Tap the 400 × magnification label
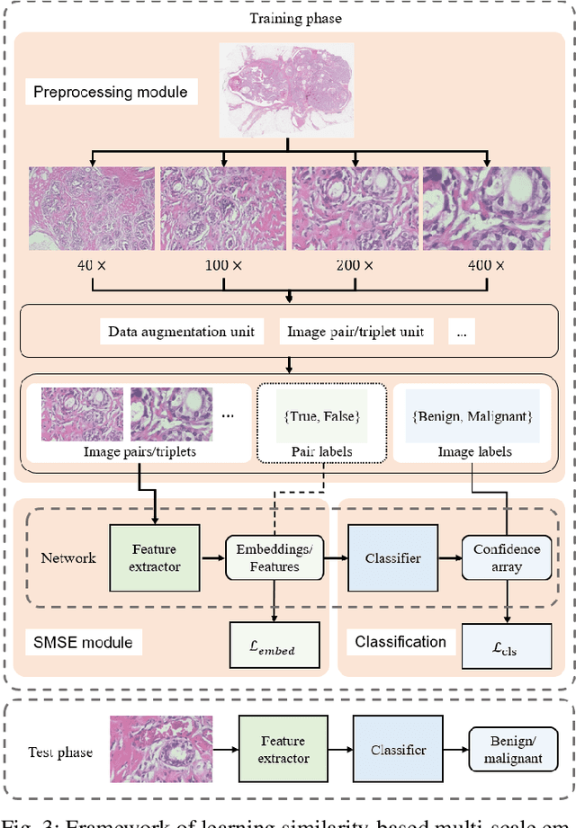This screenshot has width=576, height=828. tap(487, 265)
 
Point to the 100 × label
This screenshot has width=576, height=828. tap(224, 265)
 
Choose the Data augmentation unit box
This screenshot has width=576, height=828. tap(181, 332)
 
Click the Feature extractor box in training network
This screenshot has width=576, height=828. tap(154, 557)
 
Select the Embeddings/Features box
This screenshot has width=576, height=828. tap(274, 557)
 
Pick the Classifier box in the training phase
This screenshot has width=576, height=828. tap(393, 558)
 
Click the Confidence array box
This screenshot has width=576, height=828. tap(507, 557)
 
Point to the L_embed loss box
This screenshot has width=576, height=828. tap(274, 644)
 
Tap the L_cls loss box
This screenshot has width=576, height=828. tap(507, 644)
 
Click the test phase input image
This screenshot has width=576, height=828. tap(162, 750)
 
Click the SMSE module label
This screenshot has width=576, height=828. tap(83, 642)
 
